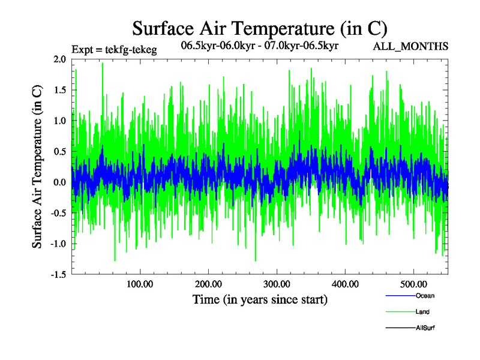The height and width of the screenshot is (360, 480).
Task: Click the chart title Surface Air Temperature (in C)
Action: coord(260,28)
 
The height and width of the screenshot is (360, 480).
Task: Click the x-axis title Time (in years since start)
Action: coord(260,299)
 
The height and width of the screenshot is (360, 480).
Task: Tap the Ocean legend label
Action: coord(425,296)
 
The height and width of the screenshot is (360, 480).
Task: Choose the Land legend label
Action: coord(422,312)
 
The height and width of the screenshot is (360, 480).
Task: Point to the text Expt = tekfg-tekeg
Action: coord(114,50)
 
